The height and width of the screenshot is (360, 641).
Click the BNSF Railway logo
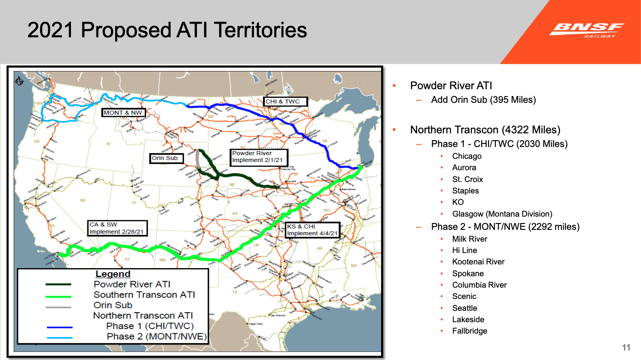[x=586, y=30]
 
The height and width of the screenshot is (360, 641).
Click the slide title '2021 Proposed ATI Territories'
[x=167, y=30]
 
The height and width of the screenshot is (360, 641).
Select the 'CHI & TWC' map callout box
[x=285, y=101]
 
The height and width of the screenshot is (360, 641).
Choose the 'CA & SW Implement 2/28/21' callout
[x=117, y=228]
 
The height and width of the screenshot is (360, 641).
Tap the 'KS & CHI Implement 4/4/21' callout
[x=312, y=229]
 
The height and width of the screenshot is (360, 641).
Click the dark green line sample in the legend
[x=59, y=284]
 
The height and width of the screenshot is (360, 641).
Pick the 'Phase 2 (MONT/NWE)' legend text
[x=156, y=337]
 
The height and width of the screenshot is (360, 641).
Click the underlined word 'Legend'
[x=113, y=274]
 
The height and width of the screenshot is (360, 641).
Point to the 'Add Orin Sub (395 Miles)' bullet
[x=483, y=100]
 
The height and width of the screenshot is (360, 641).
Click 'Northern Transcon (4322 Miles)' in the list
[x=485, y=130]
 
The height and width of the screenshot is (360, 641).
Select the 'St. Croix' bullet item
[x=467, y=179]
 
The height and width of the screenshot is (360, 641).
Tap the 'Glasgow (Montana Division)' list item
[x=502, y=213]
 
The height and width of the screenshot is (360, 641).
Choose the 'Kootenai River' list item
[x=478, y=262]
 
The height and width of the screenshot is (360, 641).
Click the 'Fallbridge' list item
[x=469, y=331]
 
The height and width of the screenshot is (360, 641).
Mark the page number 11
[x=626, y=348]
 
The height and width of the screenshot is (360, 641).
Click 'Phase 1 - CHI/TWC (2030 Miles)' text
[x=499, y=144]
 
